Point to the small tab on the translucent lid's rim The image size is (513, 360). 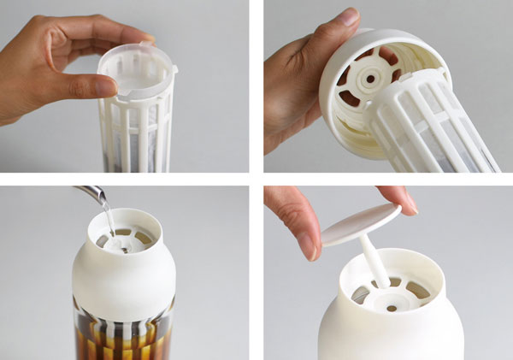(174, 67)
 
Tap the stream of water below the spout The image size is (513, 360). (106, 219)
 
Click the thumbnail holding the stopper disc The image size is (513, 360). (308, 246)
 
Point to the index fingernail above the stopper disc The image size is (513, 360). (408, 203)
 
